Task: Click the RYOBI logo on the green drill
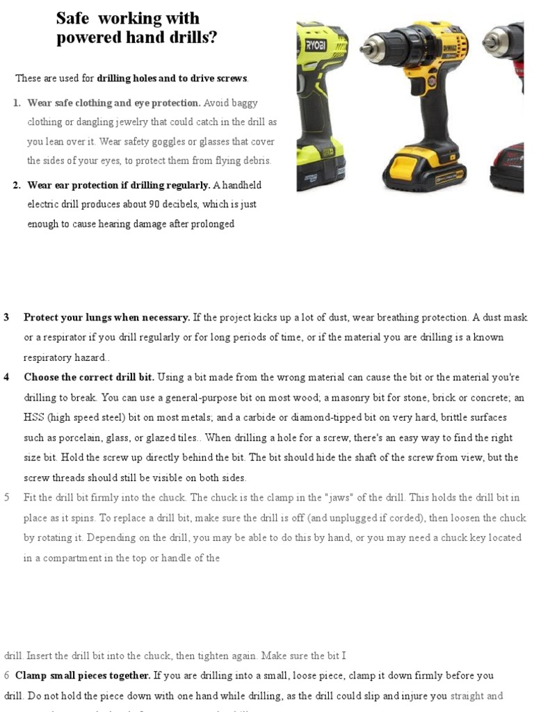click(316, 45)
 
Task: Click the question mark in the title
click(212, 38)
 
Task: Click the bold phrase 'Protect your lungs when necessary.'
click(107, 318)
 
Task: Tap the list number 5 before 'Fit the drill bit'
click(7, 498)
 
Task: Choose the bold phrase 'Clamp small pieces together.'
click(83, 675)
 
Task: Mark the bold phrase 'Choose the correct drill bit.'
click(89, 378)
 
